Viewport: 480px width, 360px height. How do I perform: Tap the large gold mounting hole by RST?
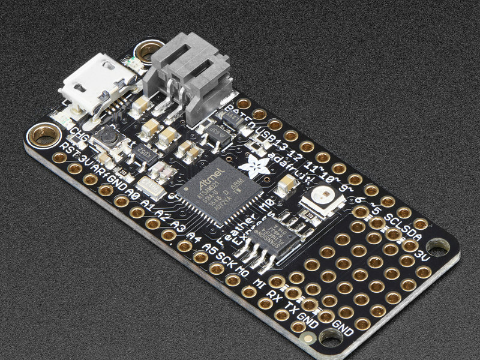click(44, 134)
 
